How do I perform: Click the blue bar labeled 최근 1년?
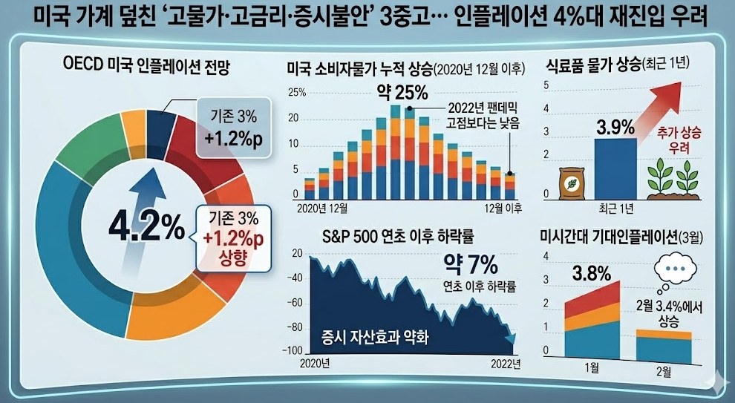click(615, 168)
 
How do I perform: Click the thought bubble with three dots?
click(674, 268)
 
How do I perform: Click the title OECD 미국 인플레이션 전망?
click(148, 71)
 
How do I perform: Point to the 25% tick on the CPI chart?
click(295, 94)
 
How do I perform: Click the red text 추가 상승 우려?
click(673, 140)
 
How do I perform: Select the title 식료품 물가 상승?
click(592, 68)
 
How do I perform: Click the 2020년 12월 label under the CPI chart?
click(321, 207)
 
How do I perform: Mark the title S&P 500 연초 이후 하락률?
click(399, 237)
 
